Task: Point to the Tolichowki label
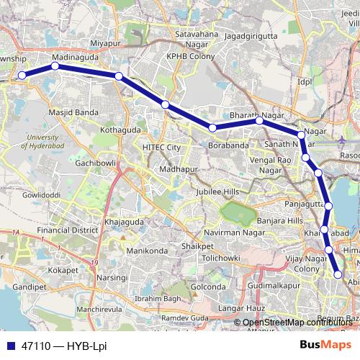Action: [220, 257]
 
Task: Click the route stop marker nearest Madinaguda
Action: [55, 66]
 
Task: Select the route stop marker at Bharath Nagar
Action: [259, 121]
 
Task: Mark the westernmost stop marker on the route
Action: [22, 75]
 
